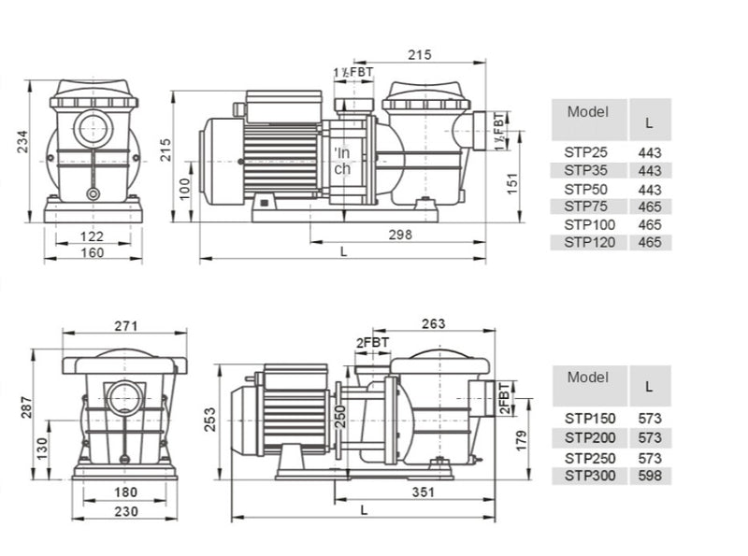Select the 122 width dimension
91,236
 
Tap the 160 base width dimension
91,252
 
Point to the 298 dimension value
399,235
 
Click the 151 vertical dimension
512,185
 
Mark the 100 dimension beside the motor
185,187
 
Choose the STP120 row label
589,242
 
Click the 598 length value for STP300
650,476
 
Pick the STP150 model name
589,418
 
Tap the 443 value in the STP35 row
650,170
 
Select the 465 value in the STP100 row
650,224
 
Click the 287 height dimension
27,406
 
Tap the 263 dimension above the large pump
433,323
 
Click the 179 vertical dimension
521,439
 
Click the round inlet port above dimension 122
93,128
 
